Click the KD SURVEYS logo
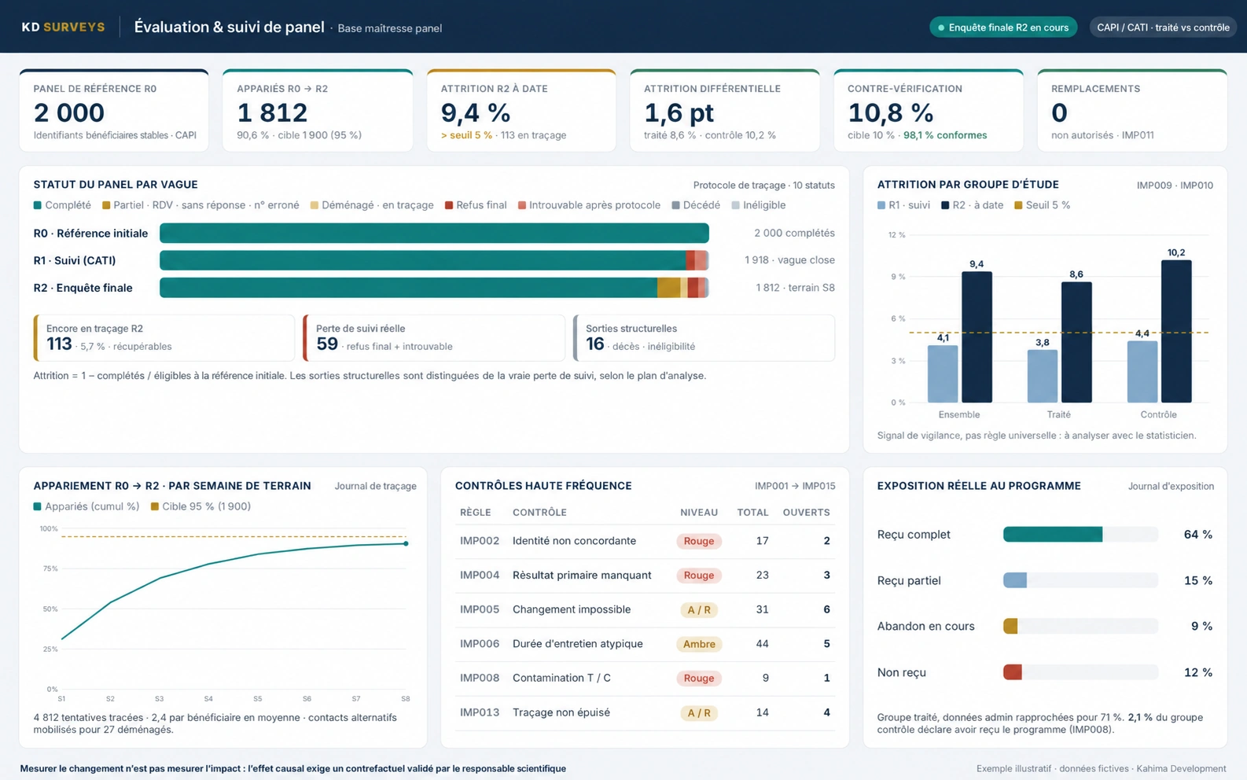click(63, 27)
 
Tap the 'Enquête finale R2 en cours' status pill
click(1003, 28)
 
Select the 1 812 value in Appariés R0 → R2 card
click(272, 112)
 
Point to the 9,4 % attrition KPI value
click(476, 112)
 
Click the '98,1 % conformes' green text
click(945, 135)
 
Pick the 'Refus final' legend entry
click(476, 205)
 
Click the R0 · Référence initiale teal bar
click(434, 233)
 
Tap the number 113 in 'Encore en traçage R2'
click(59, 344)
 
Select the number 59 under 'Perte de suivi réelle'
click(327, 344)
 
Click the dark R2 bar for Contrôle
click(1176, 331)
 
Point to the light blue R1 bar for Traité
click(1042, 376)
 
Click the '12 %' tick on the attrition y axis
click(897, 235)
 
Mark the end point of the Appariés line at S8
click(406, 543)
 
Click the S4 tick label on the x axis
click(208, 698)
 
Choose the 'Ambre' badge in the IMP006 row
click(699, 644)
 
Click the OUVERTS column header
click(806, 512)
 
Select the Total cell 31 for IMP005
click(762, 609)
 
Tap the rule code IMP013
click(480, 712)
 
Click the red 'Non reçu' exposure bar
click(1013, 672)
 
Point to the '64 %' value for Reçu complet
click(1197, 535)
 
